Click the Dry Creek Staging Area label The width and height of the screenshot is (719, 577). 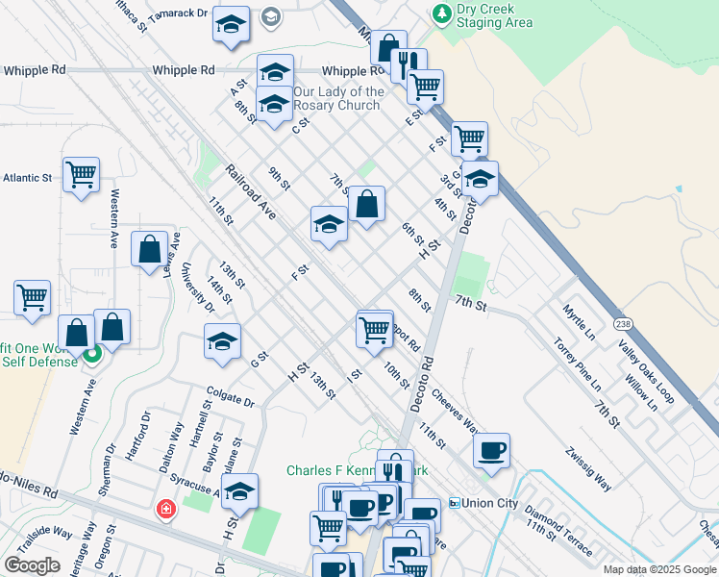point(494,15)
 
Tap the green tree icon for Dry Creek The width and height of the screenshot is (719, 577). point(442,13)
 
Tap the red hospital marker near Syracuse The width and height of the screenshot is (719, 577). point(166,509)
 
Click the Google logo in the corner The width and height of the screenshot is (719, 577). point(32,565)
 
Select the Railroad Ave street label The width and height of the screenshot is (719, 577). point(251,192)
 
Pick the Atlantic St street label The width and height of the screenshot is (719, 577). point(27,178)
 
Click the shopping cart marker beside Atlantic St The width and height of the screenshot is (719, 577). point(81,175)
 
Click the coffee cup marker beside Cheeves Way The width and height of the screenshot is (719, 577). point(491,450)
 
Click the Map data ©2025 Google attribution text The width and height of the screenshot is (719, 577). point(658,569)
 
